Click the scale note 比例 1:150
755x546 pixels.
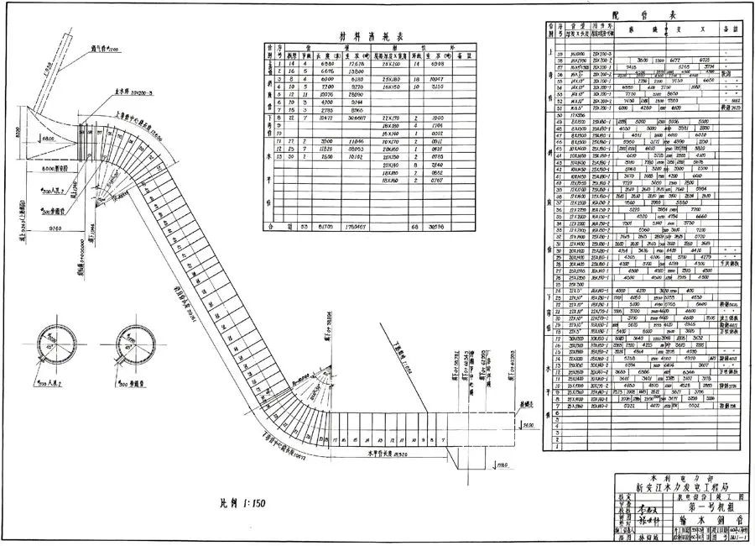(x=237, y=504)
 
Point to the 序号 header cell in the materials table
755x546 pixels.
(x=269, y=53)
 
